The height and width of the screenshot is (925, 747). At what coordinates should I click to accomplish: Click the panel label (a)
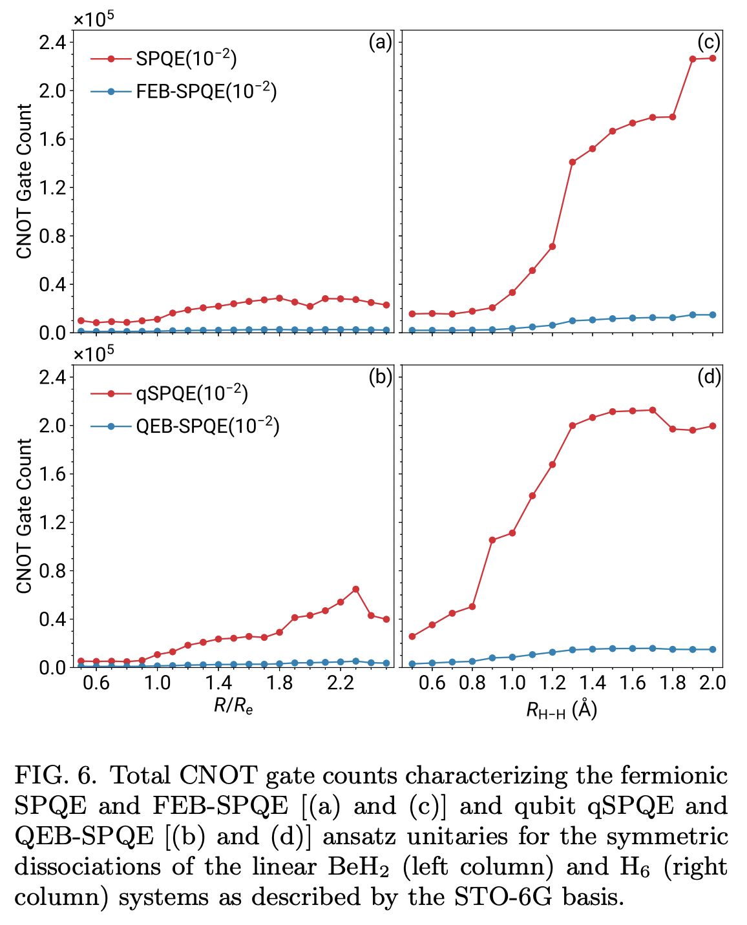pyautogui.click(x=380, y=43)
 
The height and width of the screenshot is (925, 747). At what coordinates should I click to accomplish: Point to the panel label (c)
pyautogui.click(x=708, y=43)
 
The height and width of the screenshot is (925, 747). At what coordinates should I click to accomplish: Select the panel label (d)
pyautogui.click(x=708, y=377)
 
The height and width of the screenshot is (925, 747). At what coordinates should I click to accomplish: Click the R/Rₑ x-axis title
pyautogui.click(x=233, y=706)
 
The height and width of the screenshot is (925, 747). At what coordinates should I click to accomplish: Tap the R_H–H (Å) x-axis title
pyautogui.click(x=561, y=709)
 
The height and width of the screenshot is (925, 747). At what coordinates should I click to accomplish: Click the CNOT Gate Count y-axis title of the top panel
pyautogui.click(x=24, y=182)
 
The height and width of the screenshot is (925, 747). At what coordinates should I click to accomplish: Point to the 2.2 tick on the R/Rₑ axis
pyautogui.click(x=340, y=683)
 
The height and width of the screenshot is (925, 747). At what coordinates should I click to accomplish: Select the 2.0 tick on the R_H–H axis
pyautogui.click(x=712, y=683)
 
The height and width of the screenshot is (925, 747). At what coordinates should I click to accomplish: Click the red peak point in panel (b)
pyautogui.click(x=355, y=589)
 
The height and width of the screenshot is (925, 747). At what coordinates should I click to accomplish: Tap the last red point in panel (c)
pyautogui.click(x=713, y=58)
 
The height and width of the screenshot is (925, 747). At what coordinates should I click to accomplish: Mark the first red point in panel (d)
pyautogui.click(x=412, y=636)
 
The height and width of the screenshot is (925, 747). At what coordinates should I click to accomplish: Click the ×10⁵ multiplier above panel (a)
pyautogui.click(x=94, y=19)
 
